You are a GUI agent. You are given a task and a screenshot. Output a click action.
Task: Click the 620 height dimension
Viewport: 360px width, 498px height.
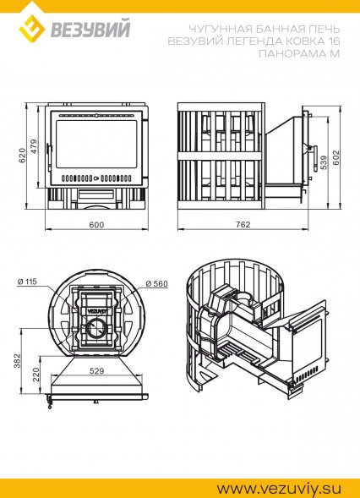[23, 156]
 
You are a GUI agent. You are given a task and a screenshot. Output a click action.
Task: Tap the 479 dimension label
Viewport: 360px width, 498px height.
[33, 146]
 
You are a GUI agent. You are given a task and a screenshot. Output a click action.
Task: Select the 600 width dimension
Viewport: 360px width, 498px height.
[96, 225]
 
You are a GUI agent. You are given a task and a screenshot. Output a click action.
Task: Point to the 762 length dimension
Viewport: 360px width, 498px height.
[243, 225]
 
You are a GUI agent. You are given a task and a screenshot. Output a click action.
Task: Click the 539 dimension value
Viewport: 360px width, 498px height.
[325, 162]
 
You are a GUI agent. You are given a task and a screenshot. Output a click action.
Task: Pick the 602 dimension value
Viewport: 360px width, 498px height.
[336, 157]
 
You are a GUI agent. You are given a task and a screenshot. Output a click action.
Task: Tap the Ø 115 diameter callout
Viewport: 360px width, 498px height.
[27, 282]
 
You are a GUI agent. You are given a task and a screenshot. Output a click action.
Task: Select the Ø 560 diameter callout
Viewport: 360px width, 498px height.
[156, 283]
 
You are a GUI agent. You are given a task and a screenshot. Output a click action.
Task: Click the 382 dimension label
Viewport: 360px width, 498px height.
[17, 361]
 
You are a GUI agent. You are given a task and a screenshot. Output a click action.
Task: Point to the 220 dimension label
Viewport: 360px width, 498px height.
[36, 375]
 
